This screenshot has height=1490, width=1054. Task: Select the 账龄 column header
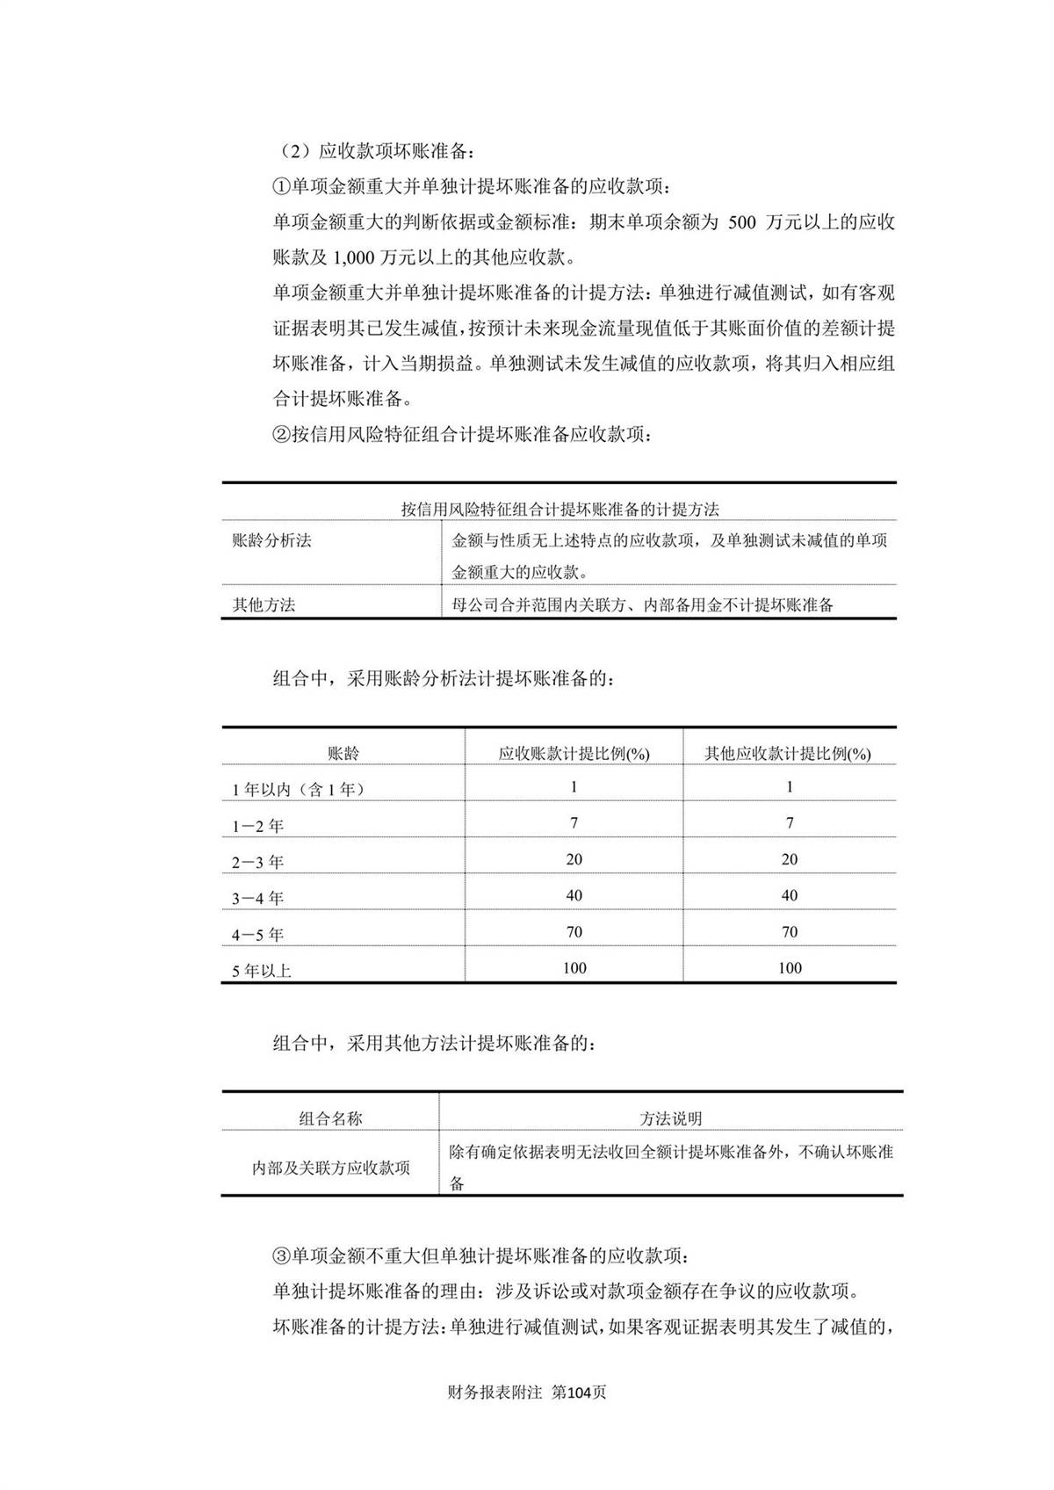pos(343,754)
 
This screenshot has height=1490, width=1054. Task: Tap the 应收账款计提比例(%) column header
pos(574,754)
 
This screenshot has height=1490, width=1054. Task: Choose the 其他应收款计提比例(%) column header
pos(788,754)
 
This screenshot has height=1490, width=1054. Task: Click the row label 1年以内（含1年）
pos(298,790)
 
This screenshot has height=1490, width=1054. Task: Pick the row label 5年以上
pos(261,971)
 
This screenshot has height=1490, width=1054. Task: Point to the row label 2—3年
pos(257,863)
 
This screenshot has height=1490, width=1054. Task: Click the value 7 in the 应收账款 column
pos(574,823)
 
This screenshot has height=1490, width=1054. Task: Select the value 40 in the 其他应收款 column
pos(789,896)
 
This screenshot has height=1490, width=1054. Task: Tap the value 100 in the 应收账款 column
pos(574,968)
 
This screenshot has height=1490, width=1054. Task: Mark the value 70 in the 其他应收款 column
pos(789,932)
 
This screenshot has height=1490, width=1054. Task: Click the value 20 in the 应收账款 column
pos(574,859)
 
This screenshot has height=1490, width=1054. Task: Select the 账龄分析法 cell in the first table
pos(271,541)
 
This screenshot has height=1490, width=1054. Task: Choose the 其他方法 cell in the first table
pos(263,605)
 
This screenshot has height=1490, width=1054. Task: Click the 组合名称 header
pos(330,1118)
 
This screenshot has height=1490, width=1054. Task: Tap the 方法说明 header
pos(670,1118)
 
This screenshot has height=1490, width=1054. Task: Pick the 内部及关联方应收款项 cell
pos(330,1168)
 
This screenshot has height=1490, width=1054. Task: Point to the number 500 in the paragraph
pos(742,223)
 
